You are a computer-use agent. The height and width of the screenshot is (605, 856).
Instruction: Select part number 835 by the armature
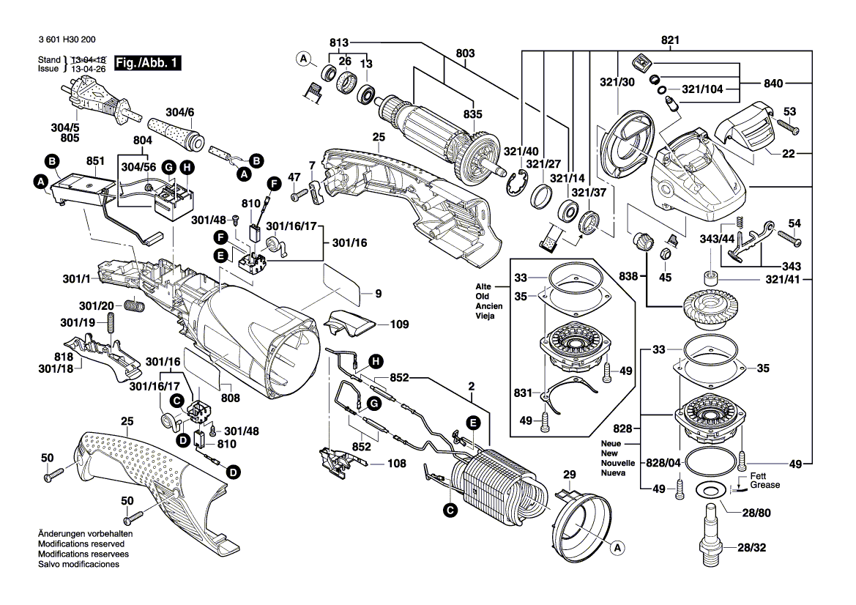[472, 114]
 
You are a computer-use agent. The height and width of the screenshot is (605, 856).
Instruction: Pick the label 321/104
[702, 89]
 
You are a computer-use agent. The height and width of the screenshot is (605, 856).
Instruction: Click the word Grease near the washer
[764, 485]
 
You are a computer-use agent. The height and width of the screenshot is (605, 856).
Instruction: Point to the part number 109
[398, 324]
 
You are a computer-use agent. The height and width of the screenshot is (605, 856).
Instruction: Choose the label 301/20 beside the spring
[97, 305]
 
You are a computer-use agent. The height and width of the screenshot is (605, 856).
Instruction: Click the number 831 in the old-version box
[521, 393]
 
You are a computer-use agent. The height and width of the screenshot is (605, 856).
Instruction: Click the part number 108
[397, 464]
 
